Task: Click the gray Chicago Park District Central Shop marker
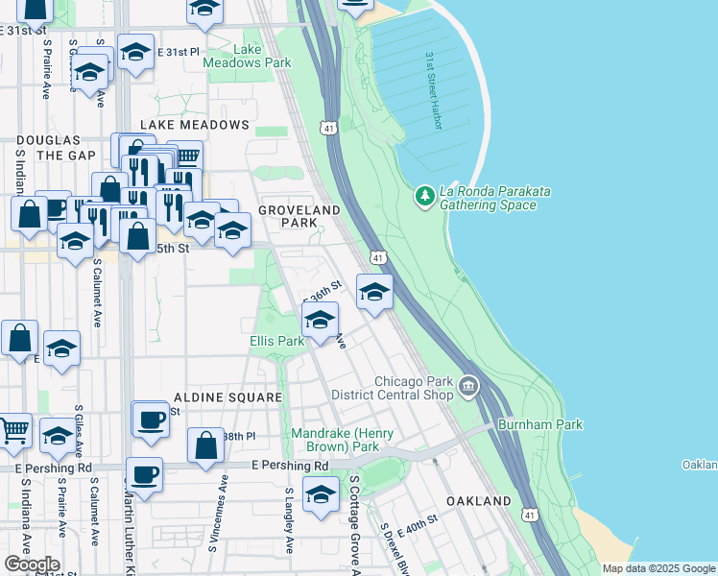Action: tap(467, 387)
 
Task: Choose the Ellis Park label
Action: tap(276, 341)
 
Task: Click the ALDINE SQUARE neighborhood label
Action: tap(227, 396)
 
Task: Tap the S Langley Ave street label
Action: tap(289, 519)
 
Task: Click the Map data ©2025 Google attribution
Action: tap(657, 568)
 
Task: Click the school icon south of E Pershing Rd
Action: tap(321, 493)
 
